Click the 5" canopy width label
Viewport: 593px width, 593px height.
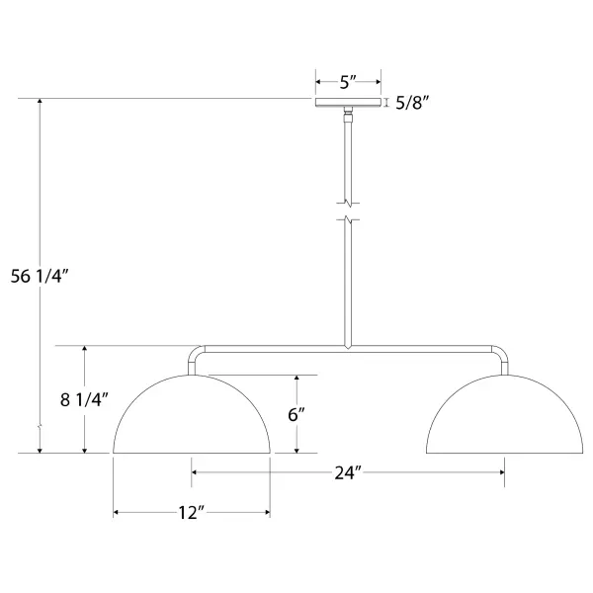(348, 82)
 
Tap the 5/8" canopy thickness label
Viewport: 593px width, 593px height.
(412, 103)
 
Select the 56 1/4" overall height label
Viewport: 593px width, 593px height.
(40, 276)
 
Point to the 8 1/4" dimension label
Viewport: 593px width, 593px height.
(84, 399)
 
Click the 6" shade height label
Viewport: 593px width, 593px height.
(296, 414)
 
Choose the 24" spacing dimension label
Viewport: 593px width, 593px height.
(348, 472)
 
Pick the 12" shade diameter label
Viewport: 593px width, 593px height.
(192, 513)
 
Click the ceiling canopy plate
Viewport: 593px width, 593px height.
(348, 103)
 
